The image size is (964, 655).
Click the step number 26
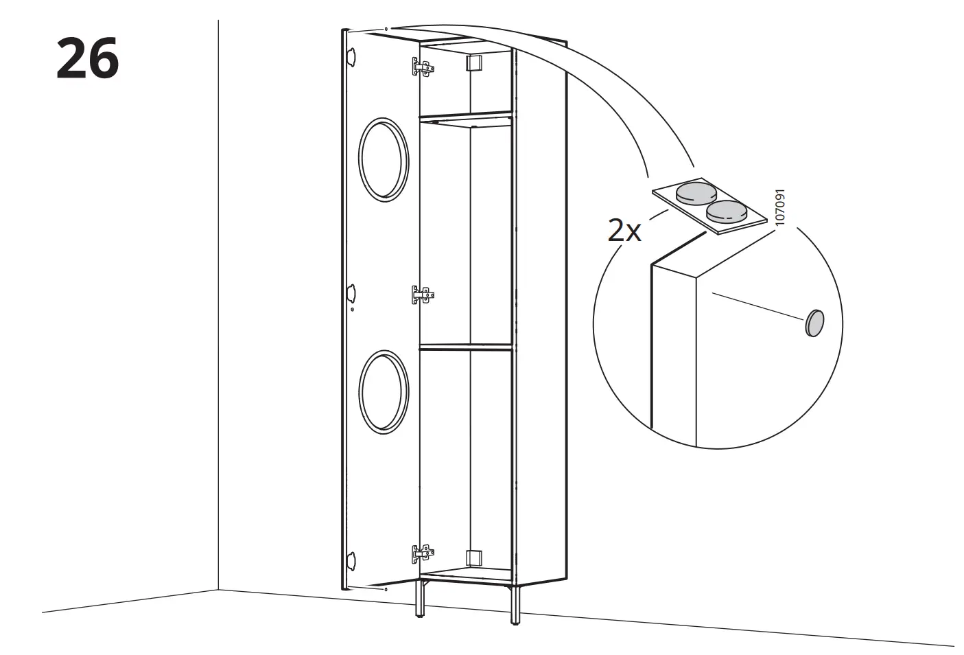[x=87, y=58]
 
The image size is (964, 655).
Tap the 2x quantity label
[x=624, y=231]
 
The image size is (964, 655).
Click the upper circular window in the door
[x=384, y=160]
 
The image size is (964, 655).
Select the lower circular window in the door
[x=384, y=392]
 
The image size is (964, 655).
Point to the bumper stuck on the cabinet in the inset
[x=814, y=322]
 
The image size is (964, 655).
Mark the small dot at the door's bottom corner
[x=386, y=589]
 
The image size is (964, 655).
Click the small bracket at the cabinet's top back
[x=473, y=63]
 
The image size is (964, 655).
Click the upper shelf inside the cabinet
[x=465, y=120]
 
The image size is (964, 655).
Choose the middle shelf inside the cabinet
[x=465, y=347]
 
